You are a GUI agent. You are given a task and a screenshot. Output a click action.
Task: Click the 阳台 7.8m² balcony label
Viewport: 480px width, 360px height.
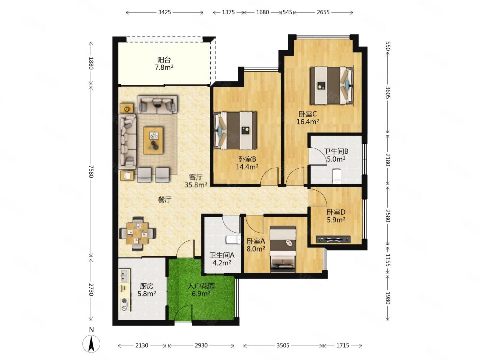point(164,64)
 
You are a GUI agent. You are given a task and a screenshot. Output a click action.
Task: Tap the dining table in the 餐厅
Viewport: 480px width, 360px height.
point(138,234)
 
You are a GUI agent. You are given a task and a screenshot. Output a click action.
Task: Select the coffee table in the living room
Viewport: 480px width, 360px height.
point(153,141)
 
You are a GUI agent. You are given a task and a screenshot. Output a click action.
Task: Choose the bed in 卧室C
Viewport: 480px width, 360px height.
point(332,86)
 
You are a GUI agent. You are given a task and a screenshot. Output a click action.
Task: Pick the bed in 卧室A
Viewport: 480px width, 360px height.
point(283,249)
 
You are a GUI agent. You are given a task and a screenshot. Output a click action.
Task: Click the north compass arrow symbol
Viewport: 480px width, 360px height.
point(91,344)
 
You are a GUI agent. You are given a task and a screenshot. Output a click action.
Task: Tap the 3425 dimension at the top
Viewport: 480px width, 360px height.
point(164,12)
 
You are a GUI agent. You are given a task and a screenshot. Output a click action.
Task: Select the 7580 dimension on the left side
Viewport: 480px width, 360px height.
point(91,171)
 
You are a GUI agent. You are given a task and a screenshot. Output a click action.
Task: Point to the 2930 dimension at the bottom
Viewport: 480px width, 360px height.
point(201,345)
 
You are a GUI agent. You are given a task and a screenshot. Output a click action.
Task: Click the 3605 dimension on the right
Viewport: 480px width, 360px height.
point(387,93)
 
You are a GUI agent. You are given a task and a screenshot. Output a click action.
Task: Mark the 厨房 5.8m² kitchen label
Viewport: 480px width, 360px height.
point(147,290)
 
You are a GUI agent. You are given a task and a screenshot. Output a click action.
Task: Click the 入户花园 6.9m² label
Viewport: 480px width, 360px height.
point(201,290)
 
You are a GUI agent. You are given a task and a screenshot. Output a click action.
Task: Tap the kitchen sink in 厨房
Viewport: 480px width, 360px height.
point(124,275)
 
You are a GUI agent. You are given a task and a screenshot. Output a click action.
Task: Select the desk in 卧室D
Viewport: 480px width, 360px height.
point(333,239)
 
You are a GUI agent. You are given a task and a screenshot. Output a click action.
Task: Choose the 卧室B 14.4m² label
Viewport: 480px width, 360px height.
point(247,163)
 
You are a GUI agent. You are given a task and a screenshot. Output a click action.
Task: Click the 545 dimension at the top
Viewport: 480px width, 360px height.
point(287,12)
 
